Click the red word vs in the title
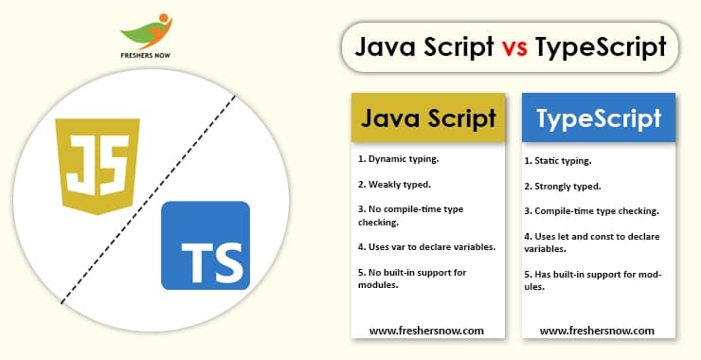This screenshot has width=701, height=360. (515, 46)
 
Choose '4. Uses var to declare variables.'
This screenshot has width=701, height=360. (425, 247)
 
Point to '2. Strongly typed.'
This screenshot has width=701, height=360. (563, 187)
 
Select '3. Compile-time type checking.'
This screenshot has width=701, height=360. (591, 210)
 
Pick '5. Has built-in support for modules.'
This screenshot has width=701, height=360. (592, 280)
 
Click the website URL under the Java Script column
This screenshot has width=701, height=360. (426, 331)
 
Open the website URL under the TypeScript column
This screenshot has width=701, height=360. (597, 331)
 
